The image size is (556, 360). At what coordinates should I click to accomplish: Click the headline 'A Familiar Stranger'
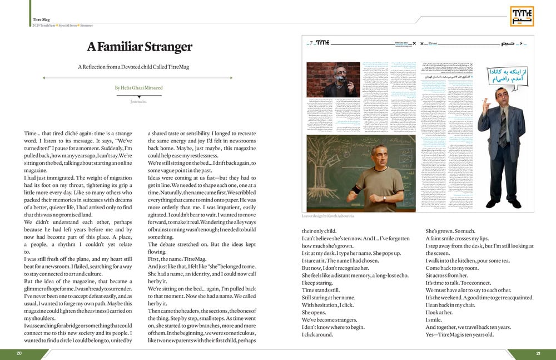[139, 47]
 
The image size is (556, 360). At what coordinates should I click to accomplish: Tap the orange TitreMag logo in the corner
[522, 16]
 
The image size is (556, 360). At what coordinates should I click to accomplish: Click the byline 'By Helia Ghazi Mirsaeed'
[139, 87]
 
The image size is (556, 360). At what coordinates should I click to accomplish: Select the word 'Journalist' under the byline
[139, 102]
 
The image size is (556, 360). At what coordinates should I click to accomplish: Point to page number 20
[19, 353]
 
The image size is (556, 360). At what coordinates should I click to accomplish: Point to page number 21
[538, 353]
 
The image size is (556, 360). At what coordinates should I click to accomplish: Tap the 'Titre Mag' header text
[42, 19]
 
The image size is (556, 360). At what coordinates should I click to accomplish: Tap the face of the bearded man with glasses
[339, 74]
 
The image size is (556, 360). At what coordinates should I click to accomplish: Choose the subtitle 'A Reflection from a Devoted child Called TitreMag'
[133, 67]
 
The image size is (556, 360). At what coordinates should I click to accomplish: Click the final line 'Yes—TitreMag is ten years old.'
[459, 334]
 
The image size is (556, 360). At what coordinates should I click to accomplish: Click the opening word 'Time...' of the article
[32, 134]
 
